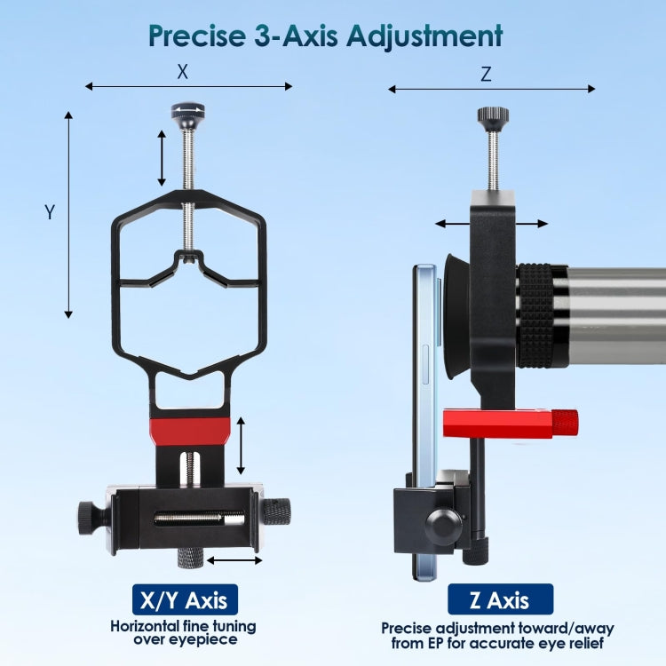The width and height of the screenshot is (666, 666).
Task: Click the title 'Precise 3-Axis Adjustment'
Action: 325,36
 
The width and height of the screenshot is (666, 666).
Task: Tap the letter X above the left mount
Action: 183,69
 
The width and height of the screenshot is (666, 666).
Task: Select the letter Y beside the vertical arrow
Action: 50,212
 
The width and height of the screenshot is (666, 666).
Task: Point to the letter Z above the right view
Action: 485,75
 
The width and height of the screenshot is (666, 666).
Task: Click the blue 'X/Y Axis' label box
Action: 179,599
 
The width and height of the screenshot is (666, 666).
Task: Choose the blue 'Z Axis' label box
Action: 500,599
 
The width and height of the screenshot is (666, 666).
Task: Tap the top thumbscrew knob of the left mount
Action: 187,114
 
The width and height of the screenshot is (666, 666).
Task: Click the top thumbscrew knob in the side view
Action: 493,116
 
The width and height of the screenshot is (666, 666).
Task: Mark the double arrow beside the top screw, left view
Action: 161,157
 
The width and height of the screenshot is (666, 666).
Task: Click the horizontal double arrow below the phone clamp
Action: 234,560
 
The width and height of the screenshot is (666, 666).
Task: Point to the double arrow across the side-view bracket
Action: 491,225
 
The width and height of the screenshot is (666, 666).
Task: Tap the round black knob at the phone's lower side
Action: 441,526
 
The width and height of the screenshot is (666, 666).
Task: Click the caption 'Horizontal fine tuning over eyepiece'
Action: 185,632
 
